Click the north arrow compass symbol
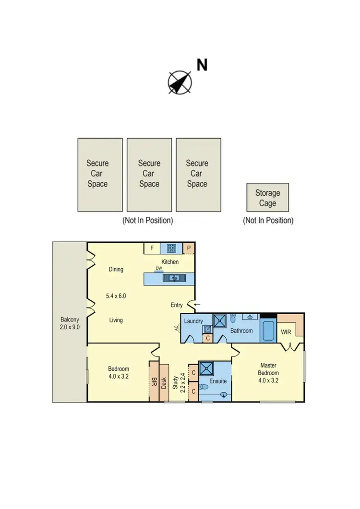[180, 82]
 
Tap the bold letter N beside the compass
[202, 65]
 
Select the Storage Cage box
[267, 197]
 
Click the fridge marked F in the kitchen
[152, 248]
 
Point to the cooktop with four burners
[171, 249]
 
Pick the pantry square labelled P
[189, 248]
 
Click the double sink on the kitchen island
[171, 277]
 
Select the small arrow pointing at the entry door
[197, 304]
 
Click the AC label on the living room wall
[177, 328]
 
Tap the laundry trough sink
[207, 329]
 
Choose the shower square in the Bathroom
[221, 320]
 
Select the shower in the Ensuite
[208, 369]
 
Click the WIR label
[286, 331]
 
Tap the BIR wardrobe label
[154, 382]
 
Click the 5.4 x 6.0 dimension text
[116, 296]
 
